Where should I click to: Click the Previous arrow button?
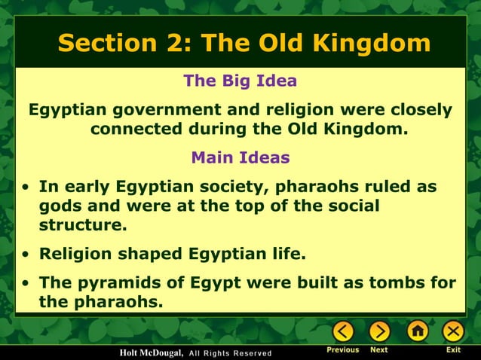343,331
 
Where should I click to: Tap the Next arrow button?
379,331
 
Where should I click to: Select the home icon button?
417,331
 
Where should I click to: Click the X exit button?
453,331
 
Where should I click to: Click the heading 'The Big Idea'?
240,81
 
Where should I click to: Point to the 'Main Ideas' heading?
240,158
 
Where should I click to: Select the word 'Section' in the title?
103,43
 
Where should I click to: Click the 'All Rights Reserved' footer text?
229,353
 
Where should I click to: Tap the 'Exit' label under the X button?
453,350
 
